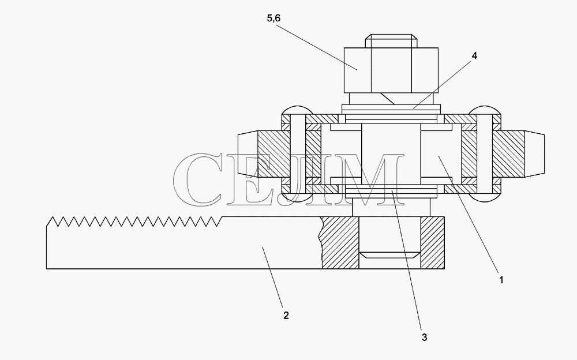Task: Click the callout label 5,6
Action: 273,18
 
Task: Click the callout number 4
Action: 474,55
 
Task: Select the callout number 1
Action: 501,280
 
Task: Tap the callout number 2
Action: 286,316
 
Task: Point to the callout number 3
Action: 424,337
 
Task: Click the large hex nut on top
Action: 391,70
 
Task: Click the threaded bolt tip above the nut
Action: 391,41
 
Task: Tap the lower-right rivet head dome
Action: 485,198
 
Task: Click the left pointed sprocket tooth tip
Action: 248,153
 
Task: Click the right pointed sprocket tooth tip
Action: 534,153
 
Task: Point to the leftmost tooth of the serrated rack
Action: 51,222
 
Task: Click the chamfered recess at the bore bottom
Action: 389,255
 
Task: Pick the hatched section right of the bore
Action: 432,242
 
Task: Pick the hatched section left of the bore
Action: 340,242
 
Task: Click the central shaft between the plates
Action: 391,154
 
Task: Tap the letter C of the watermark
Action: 198,179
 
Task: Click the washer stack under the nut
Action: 391,109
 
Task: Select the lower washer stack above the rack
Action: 391,193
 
